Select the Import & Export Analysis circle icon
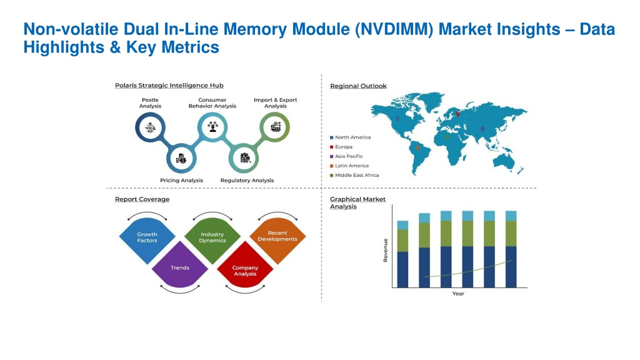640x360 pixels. coord(275,127)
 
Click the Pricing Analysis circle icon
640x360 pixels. coord(181,158)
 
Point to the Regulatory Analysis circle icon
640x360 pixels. coord(245,158)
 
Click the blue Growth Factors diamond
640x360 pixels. coord(147,237)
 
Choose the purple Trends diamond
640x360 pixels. coord(180,267)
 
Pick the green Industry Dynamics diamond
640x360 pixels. coord(212,237)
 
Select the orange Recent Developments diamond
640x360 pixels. coord(277,236)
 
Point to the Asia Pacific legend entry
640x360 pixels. coord(349,156)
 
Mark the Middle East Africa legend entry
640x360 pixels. coord(356,175)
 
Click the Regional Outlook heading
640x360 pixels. coord(358,86)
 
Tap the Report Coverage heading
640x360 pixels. coord(142,199)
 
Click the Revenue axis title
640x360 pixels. coord(386,250)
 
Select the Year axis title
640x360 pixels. coord(458,294)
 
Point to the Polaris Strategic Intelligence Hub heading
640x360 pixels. coord(169,86)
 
